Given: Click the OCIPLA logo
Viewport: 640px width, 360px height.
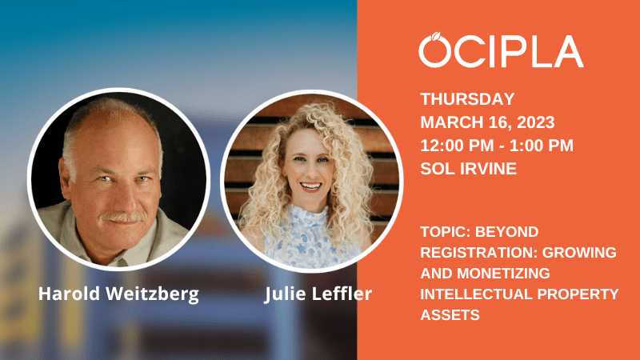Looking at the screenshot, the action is click(x=502, y=50).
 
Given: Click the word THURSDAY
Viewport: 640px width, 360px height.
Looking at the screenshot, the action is click(x=467, y=99).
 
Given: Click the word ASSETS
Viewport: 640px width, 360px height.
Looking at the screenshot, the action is click(x=450, y=315).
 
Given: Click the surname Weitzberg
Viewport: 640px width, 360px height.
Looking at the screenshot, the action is click(x=152, y=294).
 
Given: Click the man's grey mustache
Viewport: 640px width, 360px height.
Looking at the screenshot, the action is click(x=124, y=217).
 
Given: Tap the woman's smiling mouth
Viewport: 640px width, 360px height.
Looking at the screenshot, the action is click(x=310, y=187).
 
